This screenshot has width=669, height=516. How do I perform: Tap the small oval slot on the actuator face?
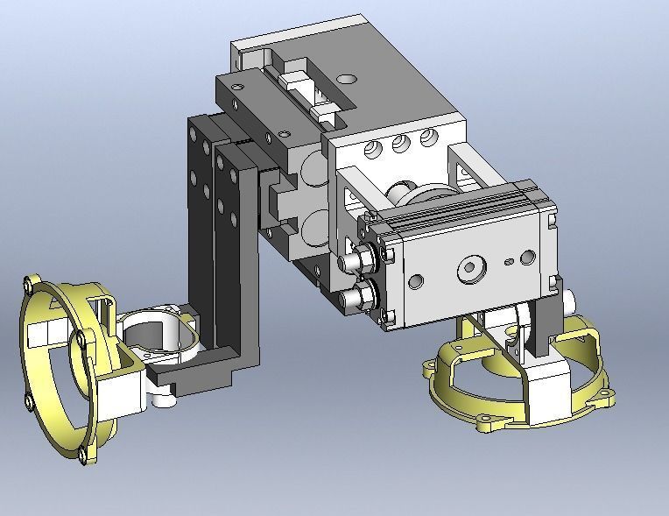click(509, 260)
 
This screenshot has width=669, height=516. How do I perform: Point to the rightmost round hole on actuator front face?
click(527, 257)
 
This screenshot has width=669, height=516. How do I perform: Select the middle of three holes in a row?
click(401, 144)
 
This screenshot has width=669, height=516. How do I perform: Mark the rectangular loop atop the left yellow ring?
click(102, 311)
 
